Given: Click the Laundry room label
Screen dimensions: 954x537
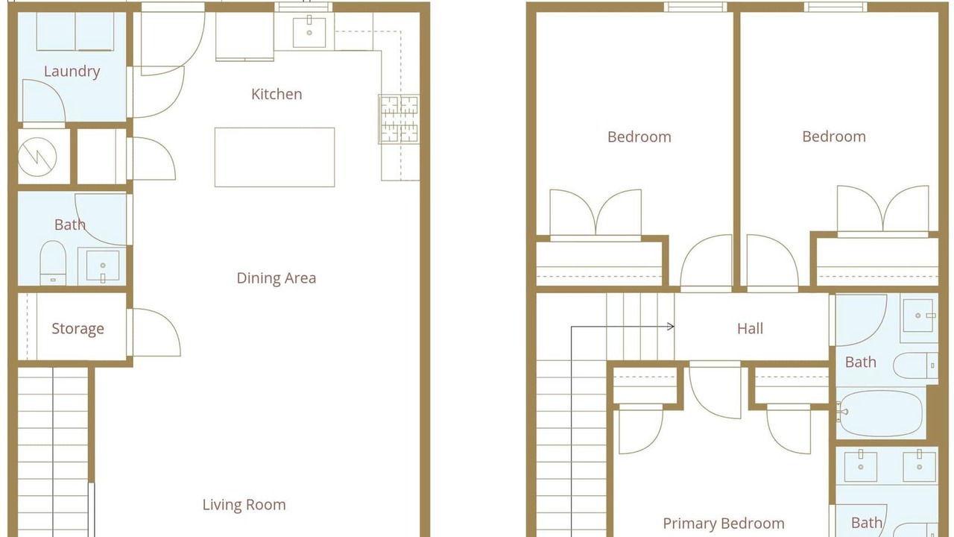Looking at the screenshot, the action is coord(72,71).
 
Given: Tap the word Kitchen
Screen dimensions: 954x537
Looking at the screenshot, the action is coord(277,94).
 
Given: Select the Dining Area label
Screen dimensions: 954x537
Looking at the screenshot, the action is coord(277,278).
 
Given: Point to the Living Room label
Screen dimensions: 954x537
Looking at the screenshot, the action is coord(244,505).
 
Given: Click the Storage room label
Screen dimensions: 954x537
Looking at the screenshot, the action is coord(78,329).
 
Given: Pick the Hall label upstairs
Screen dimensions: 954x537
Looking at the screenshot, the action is coord(750,329).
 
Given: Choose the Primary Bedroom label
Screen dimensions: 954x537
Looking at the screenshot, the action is coord(724,524).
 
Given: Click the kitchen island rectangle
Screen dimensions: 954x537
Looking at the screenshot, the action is coord(275,157).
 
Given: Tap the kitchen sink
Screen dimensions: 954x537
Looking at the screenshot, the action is coord(309,32).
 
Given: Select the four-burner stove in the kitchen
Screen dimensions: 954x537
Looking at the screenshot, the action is coord(399,119).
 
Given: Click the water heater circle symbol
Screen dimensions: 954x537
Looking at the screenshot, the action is coord(37,157).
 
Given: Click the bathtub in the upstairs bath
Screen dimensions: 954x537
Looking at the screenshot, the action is coord(881,413).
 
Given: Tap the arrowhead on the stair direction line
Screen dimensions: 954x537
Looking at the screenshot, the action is coord(671,327).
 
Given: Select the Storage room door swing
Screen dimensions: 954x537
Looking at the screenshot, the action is coord(157,333).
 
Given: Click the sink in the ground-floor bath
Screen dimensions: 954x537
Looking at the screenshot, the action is coord(103,266).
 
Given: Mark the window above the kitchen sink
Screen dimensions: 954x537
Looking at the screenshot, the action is coord(303,7).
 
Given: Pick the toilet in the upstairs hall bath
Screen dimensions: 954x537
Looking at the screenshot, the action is coord(915,365).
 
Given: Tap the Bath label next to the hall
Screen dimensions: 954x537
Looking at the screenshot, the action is coord(861,362).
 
